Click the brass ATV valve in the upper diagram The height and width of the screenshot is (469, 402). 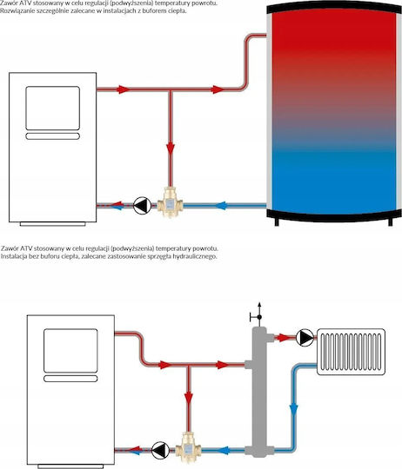[x=170, y=202]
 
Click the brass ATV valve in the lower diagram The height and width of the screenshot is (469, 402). [x=188, y=447]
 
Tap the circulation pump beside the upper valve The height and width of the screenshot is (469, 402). [x=142, y=206]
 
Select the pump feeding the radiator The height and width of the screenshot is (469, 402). [x=305, y=338]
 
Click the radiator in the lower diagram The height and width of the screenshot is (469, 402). [x=351, y=352]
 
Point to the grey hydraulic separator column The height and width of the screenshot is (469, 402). [x=259, y=392]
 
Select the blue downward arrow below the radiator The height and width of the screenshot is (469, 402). [x=293, y=410]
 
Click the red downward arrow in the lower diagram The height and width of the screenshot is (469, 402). [x=189, y=398]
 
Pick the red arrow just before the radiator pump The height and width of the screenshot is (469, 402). [x=283, y=338]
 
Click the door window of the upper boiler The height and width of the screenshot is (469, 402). [x=53, y=109]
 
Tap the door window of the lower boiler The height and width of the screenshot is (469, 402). [x=70, y=351]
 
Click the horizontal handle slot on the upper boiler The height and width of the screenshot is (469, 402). [x=53, y=136]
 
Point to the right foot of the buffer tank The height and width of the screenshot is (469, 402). [x=391, y=222]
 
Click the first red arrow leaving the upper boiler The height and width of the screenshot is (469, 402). [x=123, y=89]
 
